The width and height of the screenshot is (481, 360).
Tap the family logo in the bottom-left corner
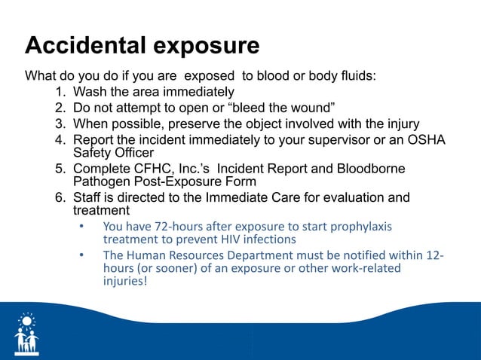click(27, 334)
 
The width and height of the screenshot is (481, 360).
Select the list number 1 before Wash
click(60, 93)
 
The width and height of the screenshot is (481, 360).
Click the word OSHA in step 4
click(427, 139)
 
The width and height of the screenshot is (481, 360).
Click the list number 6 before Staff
click(60, 197)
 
